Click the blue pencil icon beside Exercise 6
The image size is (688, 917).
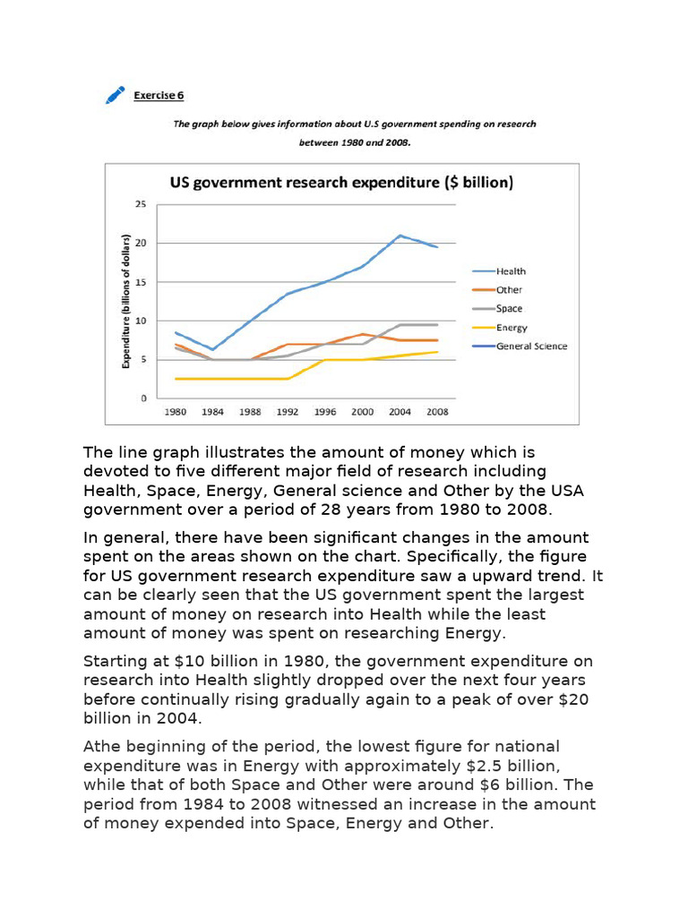tap(115, 95)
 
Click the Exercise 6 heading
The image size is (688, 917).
tap(159, 95)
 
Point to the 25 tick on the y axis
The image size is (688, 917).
tap(141, 205)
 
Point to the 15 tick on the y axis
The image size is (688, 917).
tap(141, 282)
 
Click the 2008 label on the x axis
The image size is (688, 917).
tap(436, 413)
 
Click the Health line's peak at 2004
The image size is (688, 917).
tap(400, 236)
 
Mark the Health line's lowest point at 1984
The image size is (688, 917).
tap(211, 349)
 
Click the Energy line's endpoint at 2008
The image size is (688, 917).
tap(436, 352)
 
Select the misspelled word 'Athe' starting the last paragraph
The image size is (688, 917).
tap(103, 747)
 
